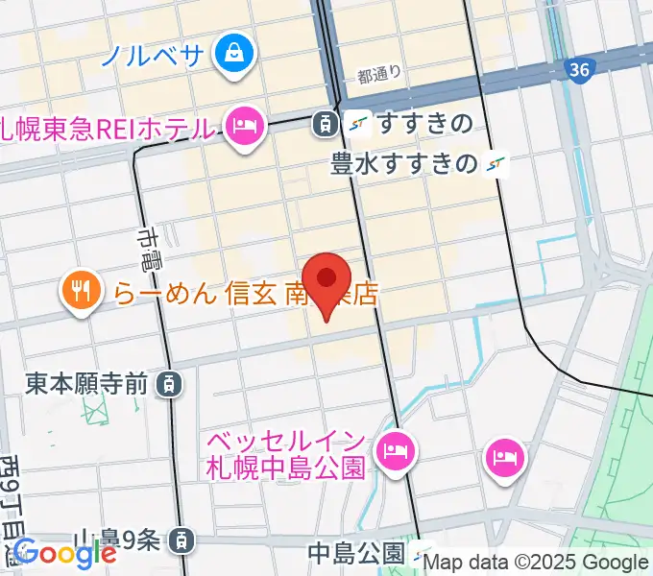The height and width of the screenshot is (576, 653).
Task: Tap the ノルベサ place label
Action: pyautogui.click(x=154, y=53)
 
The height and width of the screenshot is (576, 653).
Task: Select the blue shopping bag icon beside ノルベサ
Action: pyautogui.click(x=233, y=51)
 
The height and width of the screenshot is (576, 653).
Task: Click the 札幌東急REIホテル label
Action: pyautogui.click(x=106, y=127)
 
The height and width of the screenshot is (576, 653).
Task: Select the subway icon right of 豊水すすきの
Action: pyautogui.click(x=496, y=165)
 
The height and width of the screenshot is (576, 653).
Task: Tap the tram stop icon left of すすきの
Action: pyautogui.click(x=325, y=123)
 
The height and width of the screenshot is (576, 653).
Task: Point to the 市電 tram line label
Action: pyautogui.click(x=151, y=248)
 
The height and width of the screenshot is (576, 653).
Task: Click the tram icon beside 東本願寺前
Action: pyautogui.click(x=169, y=385)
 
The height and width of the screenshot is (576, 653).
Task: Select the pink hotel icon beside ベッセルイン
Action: pyautogui.click(x=395, y=449)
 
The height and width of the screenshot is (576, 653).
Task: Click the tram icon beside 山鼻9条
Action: pyautogui.click(x=180, y=542)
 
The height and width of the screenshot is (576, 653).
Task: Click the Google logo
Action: pyautogui.click(x=64, y=553)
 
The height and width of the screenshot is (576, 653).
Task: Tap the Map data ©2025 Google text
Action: pyautogui.click(x=536, y=563)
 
